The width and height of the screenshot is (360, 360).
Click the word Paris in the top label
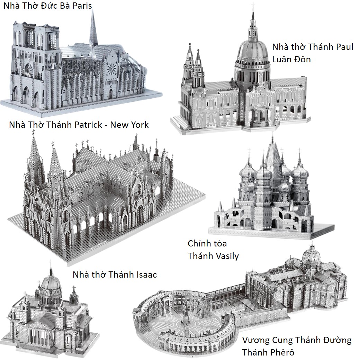[x=83, y=6]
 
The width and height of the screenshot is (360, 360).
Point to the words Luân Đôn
[x=291, y=59]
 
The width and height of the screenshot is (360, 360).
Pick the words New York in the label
[x=129, y=125]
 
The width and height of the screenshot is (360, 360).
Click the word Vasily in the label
[x=226, y=256]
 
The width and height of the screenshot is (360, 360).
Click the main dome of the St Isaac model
[x=51, y=285]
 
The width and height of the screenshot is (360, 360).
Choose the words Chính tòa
[x=207, y=244]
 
